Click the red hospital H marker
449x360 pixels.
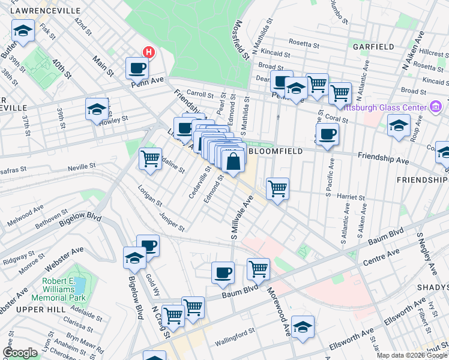coord(148,53)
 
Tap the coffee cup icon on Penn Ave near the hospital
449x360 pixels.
coord(137,68)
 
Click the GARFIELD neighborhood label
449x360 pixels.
coord(373,47)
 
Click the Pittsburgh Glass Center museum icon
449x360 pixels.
coord(436,107)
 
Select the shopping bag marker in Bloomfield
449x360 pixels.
coord(233,161)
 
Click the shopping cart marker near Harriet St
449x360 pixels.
coord(277,188)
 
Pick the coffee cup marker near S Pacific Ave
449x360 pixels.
coord(327,134)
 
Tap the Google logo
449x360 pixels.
coord(20,353)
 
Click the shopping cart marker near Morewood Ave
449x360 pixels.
coord(258,269)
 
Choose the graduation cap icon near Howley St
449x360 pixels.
coord(96,109)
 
